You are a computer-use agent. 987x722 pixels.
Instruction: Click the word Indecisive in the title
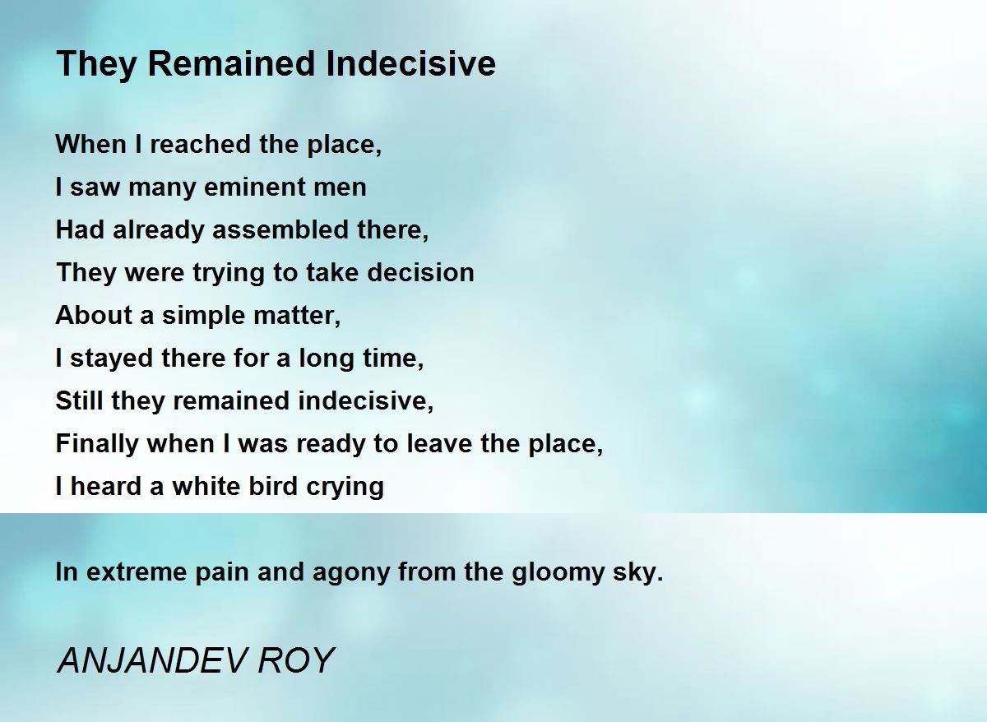[x=410, y=64]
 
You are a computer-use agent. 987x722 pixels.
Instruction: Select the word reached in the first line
[x=201, y=144]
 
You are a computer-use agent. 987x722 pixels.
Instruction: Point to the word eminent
[x=254, y=187]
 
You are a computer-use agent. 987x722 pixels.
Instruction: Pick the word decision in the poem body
[x=420, y=272]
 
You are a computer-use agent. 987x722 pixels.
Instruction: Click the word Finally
[x=97, y=443]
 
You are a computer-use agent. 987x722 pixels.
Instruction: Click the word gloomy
[x=558, y=573]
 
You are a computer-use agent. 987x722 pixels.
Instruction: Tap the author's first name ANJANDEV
[x=151, y=660]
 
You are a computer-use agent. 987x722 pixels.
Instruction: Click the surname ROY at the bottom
[x=296, y=660]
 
